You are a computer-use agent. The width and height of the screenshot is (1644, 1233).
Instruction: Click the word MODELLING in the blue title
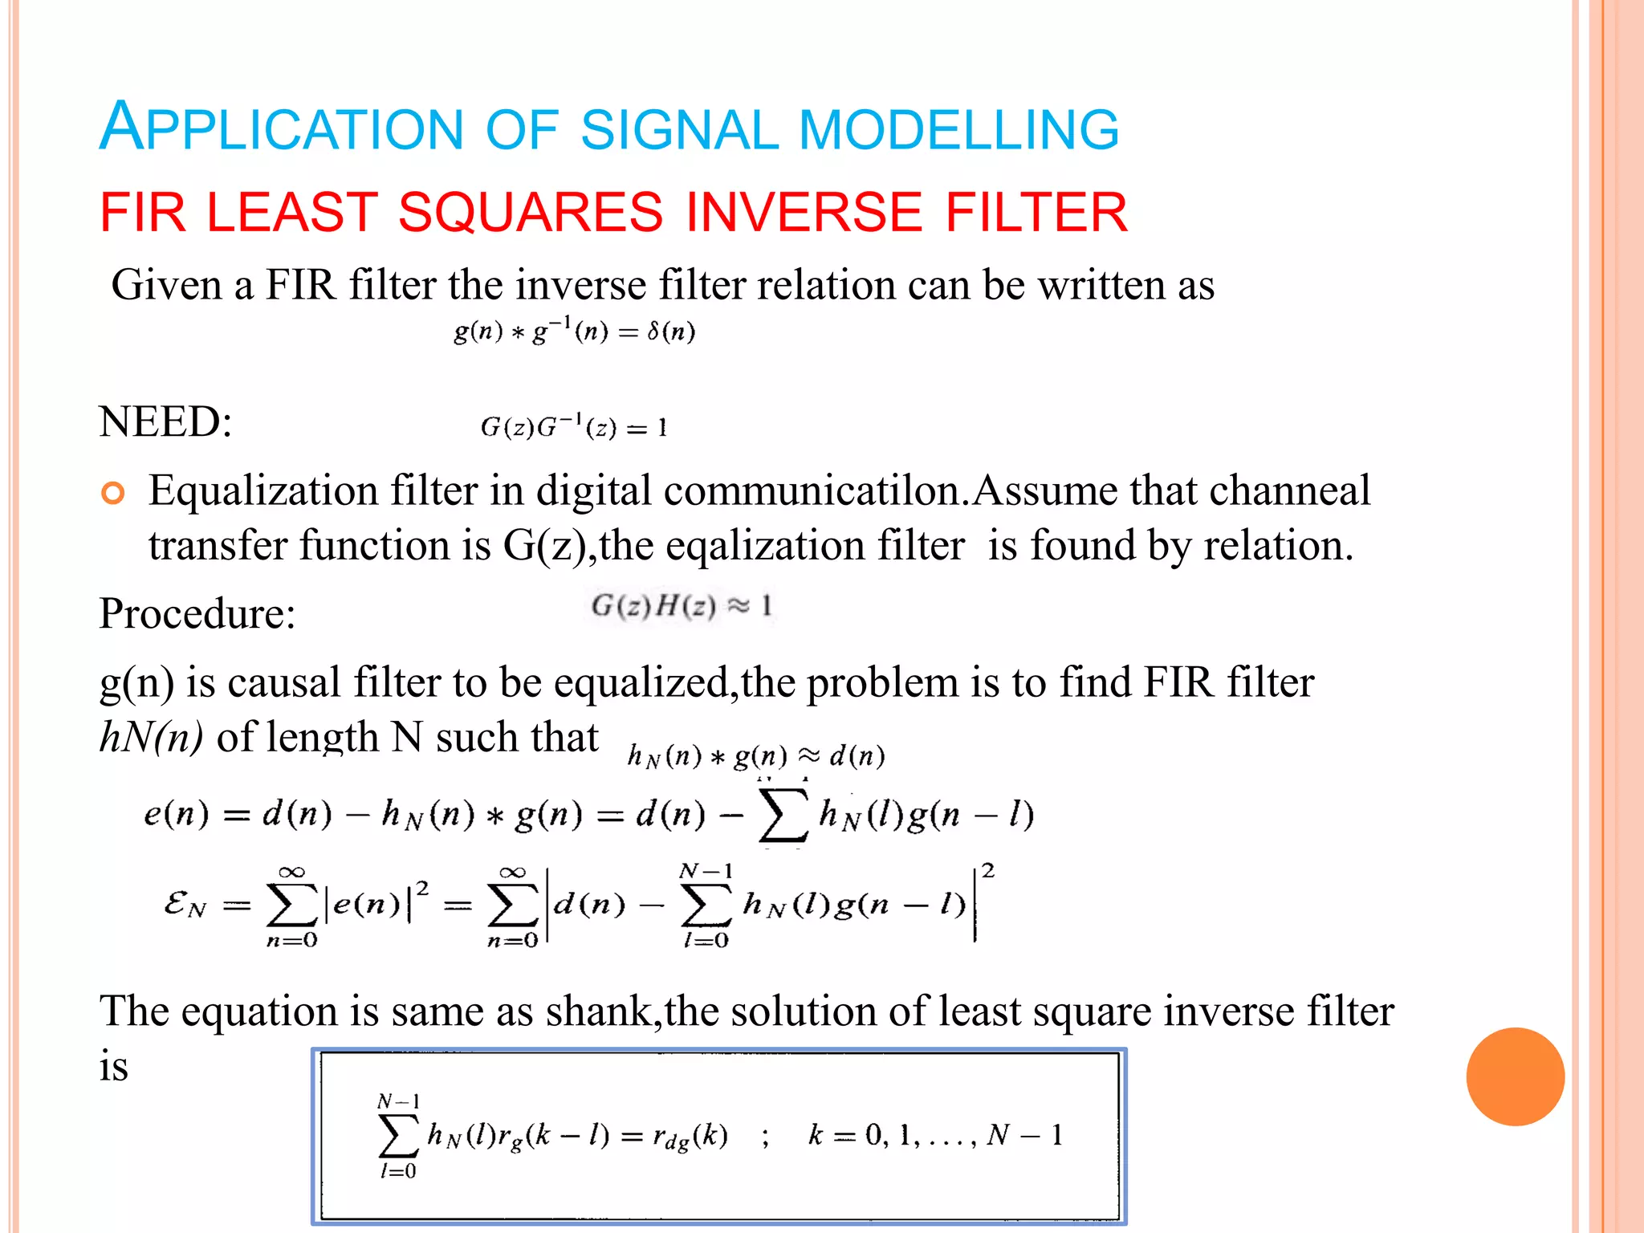958,129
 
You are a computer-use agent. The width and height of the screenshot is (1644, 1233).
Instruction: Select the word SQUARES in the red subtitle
531,213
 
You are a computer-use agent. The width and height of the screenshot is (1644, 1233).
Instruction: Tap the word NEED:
165,421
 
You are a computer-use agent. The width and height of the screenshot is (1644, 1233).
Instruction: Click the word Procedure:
197,614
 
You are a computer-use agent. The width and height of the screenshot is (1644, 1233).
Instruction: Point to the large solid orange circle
1515,1076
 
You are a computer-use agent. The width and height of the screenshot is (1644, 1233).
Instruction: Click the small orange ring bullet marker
113,493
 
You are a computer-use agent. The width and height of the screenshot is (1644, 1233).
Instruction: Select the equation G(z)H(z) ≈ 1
682,606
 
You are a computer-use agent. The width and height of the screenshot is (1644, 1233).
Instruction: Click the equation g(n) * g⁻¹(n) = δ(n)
574,330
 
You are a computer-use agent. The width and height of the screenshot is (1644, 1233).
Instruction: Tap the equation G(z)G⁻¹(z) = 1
574,426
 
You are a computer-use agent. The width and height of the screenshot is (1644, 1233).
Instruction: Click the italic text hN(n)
151,737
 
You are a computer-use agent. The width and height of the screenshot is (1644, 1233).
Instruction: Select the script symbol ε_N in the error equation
185,905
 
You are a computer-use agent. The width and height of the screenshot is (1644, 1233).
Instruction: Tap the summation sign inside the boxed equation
398,1135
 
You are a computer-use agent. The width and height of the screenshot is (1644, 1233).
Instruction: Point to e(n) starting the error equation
176,815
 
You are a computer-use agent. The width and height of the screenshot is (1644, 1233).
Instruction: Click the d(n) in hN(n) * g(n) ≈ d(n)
857,756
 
